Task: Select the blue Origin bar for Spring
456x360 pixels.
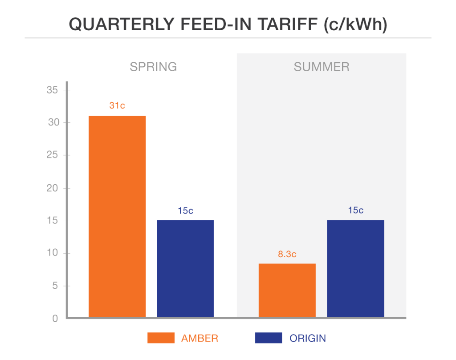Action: tap(185, 268)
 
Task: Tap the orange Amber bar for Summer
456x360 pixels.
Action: tap(287, 290)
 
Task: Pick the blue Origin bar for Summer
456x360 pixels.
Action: tap(355, 268)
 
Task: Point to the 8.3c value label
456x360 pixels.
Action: tap(287, 255)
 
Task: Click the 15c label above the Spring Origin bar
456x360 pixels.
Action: tap(185, 210)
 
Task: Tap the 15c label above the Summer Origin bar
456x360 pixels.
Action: tap(355, 210)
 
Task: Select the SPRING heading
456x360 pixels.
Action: tap(153, 67)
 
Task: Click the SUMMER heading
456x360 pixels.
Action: tap(322, 67)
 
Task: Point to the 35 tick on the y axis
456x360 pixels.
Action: tap(53, 90)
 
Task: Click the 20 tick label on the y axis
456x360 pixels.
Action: tap(53, 188)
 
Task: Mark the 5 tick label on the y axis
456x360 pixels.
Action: tap(55, 286)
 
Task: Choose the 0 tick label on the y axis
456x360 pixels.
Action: tap(55, 319)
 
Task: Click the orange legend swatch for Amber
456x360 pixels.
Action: tap(161, 338)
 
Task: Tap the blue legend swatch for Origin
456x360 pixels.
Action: tap(269, 338)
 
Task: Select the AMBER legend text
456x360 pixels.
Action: tap(199, 339)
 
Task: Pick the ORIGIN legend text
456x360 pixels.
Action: tap(308, 339)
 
